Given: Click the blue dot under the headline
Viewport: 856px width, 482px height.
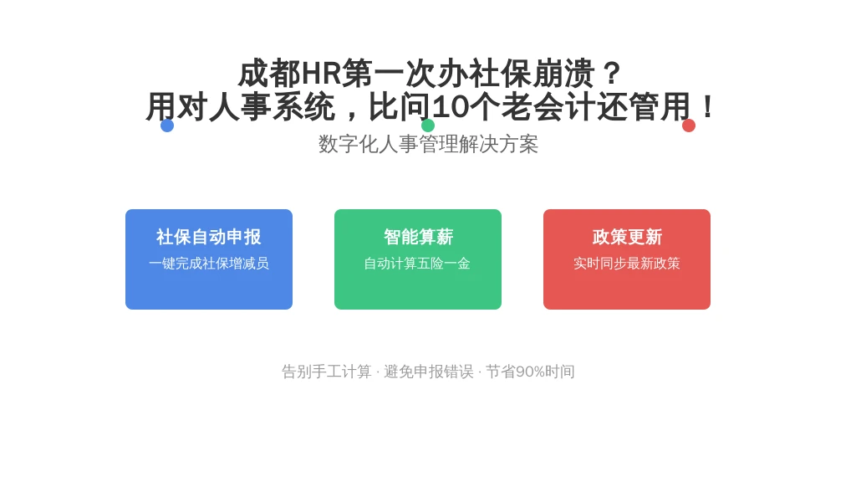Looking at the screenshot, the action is coord(167,126).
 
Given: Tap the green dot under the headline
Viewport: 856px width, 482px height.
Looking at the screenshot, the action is coord(428,126).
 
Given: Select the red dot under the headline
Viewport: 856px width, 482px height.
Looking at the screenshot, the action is coord(689,126).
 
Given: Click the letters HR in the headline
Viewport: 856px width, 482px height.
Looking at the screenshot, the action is coord(321,74).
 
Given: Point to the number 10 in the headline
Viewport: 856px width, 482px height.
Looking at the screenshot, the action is coord(451,106).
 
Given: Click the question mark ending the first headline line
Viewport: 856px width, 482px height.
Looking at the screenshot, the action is coord(613,74).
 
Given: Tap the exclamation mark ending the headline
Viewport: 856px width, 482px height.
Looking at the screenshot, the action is coord(708,106).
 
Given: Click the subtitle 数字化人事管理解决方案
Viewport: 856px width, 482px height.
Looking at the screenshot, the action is coord(428,144).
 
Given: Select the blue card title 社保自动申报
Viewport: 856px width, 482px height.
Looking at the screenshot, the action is coord(209,237).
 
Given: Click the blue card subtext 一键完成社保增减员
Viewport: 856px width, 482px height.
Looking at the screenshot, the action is coord(209,264).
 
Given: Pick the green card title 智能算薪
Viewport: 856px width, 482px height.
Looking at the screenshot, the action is coord(418,237).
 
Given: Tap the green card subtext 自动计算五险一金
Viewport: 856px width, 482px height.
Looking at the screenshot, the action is coord(418,264).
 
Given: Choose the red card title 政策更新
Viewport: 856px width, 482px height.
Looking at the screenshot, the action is coord(627,237).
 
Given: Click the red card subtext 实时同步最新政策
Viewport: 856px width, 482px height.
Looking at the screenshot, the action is coord(627,264).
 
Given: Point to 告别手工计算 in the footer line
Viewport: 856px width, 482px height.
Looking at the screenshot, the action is coord(327,372).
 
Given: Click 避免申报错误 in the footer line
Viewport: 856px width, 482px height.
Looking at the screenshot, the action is coord(429,372).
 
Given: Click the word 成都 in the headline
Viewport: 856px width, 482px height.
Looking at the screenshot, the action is coord(270,74).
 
